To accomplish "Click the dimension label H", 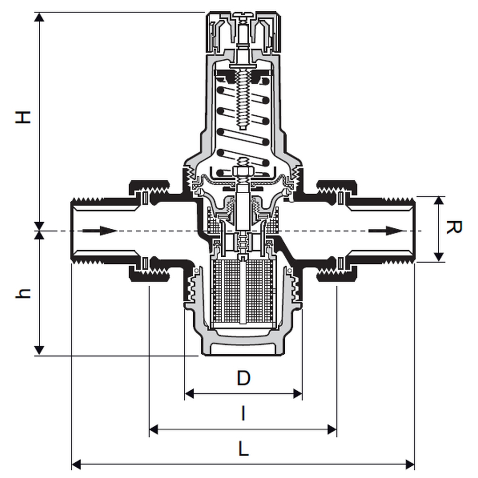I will click(x=23, y=117).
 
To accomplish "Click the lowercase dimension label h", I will click(x=23, y=293).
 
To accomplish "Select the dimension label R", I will click(x=453, y=228).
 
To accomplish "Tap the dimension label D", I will click(x=243, y=378).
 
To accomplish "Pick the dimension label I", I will click(x=243, y=414).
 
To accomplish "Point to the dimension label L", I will click(x=243, y=450).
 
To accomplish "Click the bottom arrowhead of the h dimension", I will click(x=40, y=350).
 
